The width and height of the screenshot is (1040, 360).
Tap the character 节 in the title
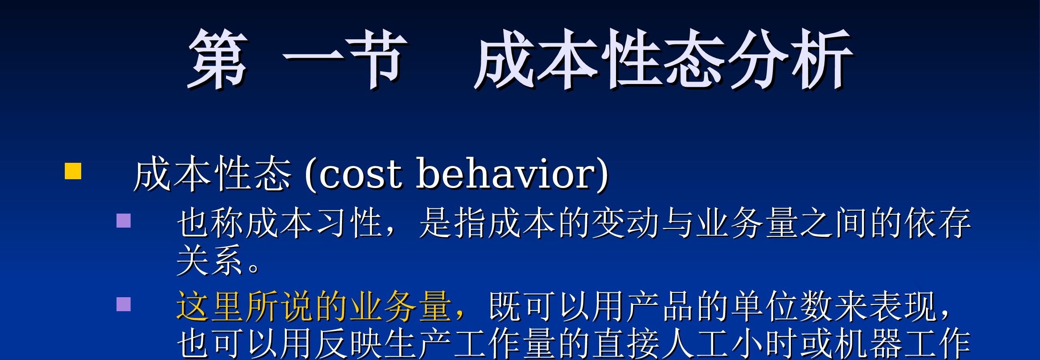tap(378, 59)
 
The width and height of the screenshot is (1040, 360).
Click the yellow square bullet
tap(73, 171)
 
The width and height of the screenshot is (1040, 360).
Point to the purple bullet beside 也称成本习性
tap(124, 221)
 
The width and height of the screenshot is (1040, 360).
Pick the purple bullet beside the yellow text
tap(124, 304)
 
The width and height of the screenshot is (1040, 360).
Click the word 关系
tap(210, 260)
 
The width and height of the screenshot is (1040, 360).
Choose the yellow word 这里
tap(210, 306)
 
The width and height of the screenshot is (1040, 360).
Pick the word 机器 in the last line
tap(868, 344)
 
